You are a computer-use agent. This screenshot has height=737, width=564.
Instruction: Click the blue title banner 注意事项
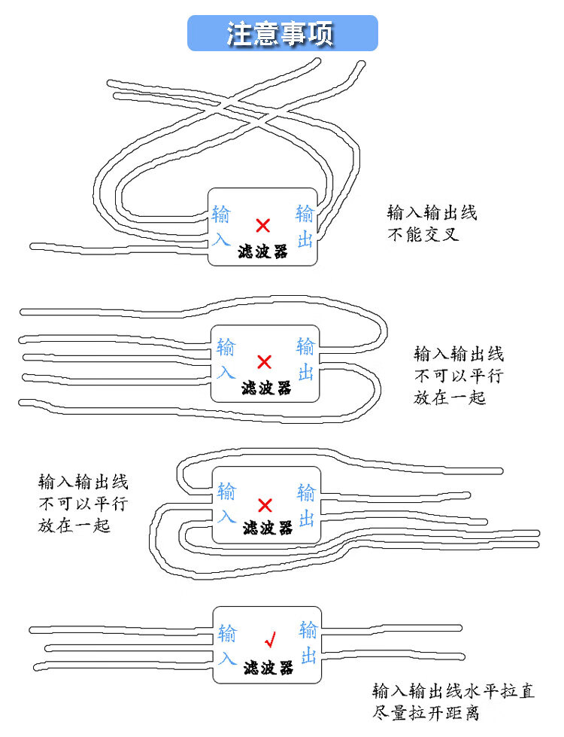point(282,33)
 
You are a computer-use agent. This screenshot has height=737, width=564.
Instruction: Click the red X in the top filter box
point(263,226)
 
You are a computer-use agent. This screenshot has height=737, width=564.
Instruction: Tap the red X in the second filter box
point(265,362)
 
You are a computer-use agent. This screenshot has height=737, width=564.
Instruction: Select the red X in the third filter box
point(265,506)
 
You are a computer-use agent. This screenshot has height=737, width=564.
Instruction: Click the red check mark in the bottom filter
point(270,639)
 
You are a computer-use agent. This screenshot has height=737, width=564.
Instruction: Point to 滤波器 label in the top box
point(262,251)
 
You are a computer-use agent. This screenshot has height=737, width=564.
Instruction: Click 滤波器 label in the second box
point(266,388)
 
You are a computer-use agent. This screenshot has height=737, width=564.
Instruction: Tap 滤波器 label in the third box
point(268,528)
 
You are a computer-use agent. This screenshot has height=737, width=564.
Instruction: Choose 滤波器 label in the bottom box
point(268,668)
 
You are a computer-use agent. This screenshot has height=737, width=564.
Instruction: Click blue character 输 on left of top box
point(221,215)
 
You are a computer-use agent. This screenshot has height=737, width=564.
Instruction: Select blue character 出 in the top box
point(305,239)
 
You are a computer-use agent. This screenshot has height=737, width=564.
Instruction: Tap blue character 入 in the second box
point(226,373)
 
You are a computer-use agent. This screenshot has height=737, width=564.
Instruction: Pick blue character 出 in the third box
point(306,519)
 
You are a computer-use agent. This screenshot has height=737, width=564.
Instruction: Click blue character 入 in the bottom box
point(227,657)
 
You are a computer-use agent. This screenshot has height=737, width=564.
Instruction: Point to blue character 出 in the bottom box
point(308,655)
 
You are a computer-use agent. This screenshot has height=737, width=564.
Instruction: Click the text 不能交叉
point(423,234)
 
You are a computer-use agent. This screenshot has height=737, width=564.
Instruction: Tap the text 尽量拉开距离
point(426,713)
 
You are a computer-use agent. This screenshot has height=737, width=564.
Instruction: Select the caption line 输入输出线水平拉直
point(453,691)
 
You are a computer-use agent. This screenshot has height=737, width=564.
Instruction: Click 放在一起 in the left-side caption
point(74,525)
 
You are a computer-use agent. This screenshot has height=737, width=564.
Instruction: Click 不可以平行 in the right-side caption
point(459,376)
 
